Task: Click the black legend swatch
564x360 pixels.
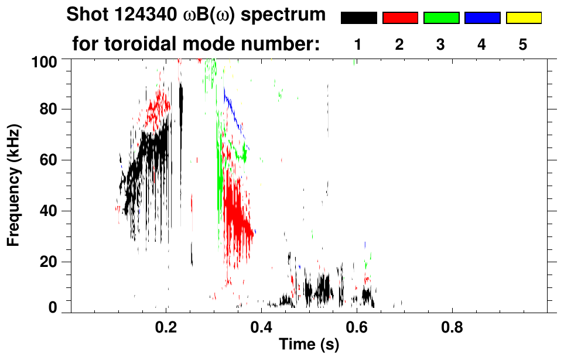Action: (358, 18)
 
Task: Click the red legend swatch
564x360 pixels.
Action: (400, 18)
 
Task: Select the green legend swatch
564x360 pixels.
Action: (441, 18)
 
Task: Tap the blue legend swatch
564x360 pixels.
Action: (482, 18)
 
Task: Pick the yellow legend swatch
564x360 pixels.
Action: (523, 18)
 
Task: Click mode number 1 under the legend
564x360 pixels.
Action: (358, 44)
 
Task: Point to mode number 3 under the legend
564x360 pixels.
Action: (440, 44)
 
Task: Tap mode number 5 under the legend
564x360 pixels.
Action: (522, 44)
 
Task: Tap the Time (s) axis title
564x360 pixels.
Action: (308, 345)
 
